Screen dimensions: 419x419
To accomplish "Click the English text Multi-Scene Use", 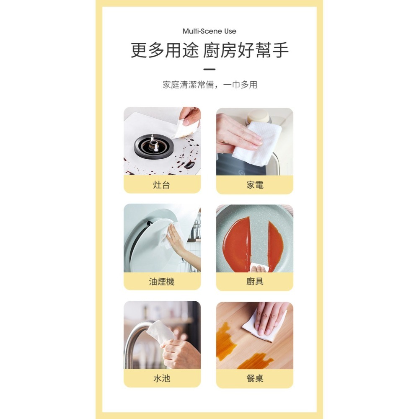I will click(209, 31).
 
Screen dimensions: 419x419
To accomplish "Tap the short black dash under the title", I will click(209, 70).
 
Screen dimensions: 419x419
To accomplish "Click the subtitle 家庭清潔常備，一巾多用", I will click(209, 85).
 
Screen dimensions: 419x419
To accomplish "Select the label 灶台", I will click(162, 185).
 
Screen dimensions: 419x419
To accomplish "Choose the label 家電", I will click(255, 185).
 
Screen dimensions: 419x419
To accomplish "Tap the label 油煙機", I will click(162, 282).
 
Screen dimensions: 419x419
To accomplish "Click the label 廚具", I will click(255, 282).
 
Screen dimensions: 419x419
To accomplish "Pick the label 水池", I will click(162, 378).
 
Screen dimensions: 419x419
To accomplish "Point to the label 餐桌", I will click(255, 378).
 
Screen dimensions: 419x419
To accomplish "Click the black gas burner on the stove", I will click(154, 147).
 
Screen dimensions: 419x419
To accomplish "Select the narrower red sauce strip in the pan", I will click(275, 246).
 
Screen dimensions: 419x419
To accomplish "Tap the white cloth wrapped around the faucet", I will click(160, 331).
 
